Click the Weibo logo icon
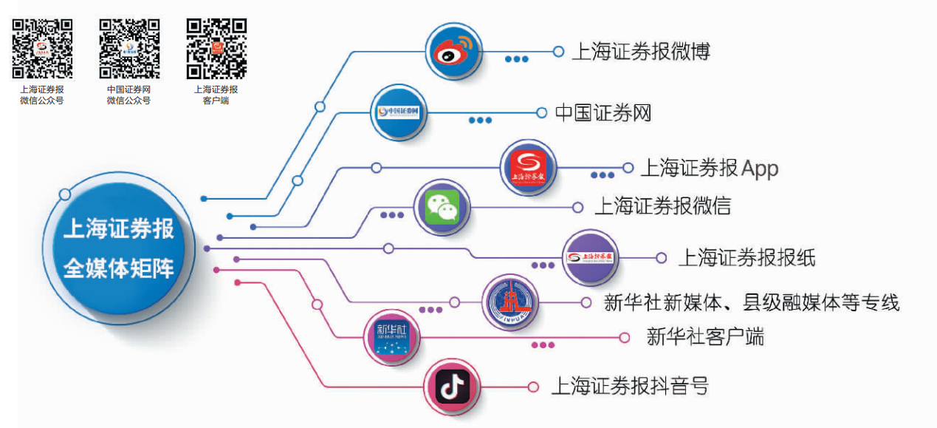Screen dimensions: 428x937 click(453, 52)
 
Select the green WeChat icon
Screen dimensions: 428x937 click(442, 208)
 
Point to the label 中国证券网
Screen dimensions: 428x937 click(603, 113)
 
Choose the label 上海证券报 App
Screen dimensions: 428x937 click(709, 168)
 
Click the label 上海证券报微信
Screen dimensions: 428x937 click(662, 205)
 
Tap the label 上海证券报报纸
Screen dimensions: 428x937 click(746, 257)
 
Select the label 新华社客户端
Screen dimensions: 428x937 click(705, 337)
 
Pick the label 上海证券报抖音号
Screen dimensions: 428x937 click(630, 386)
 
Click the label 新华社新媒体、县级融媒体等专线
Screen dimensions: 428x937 click(752, 302)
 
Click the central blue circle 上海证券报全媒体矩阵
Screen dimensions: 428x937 click(119, 248)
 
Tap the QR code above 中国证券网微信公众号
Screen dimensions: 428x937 click(129, 49)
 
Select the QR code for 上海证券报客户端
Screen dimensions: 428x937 click(216, 49)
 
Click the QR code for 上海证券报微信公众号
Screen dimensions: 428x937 click(42, 49)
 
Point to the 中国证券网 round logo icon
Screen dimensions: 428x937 click(398, 112)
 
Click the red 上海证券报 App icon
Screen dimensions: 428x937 click(528, 169)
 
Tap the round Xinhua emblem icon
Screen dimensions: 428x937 click(509, 303)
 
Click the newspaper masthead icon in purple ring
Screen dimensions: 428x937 click(590, 257)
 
